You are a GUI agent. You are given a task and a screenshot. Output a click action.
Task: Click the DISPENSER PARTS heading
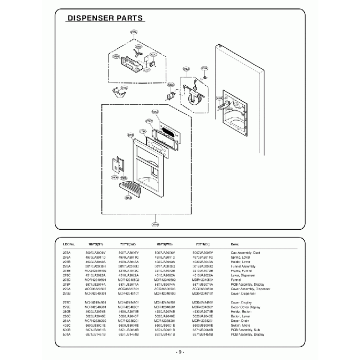pos(105,18)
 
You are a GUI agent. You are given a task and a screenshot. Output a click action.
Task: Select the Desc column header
pos(235,244)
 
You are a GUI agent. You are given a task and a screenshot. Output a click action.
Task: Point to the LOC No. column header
pos(85,244)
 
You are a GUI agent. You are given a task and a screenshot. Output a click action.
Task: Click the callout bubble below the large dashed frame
pos(155,224)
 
